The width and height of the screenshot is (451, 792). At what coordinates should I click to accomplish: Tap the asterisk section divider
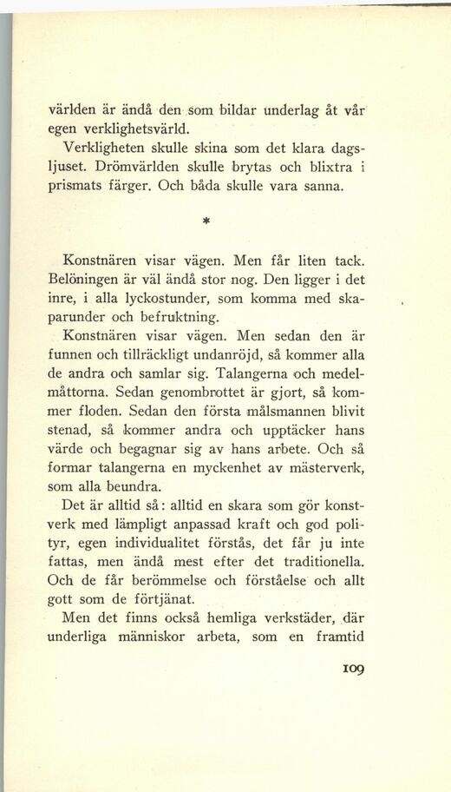coord(208,221)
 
